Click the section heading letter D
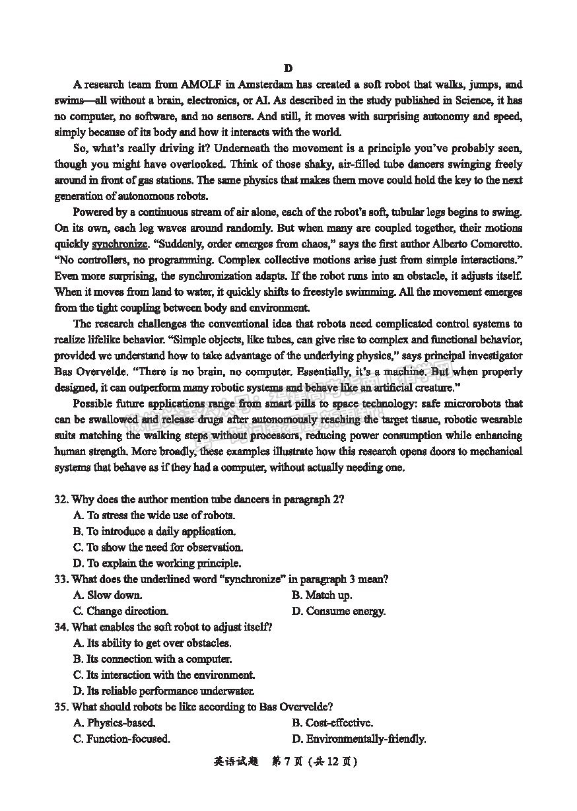[288, 68]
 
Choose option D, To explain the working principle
[157, 563]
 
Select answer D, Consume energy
[339, 611]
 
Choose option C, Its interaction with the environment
[164, 675]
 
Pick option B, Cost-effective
[332, 723]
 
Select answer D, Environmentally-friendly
[358, 738]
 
